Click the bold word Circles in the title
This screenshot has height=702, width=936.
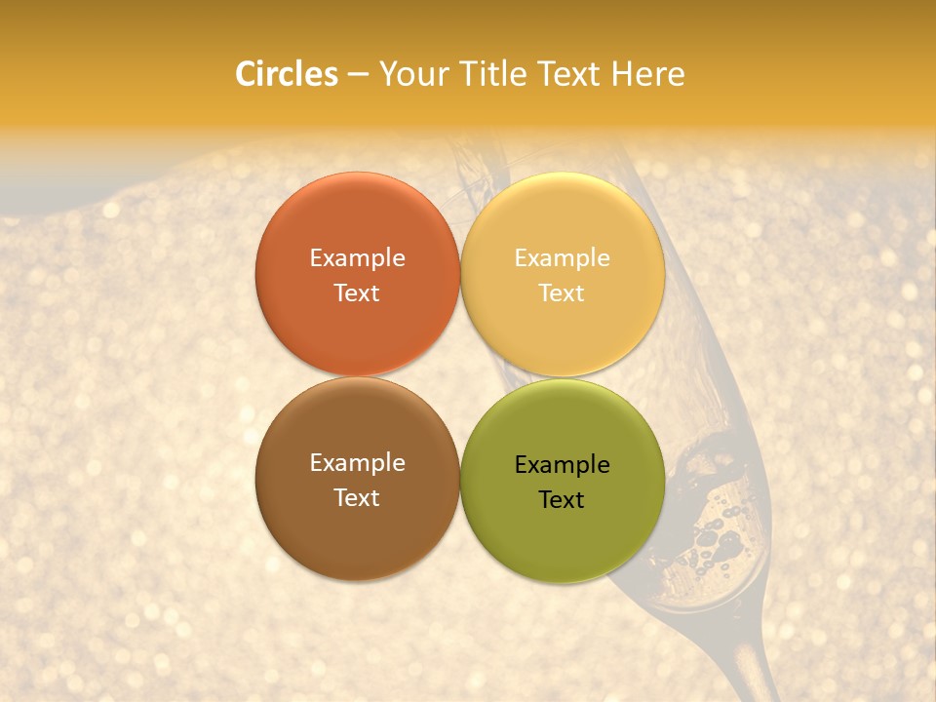tap(286, 74)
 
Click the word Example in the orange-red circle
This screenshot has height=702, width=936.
tap(357, 258)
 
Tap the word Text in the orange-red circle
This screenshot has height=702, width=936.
tap(357, 292)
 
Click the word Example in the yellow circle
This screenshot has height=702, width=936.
tap(562, 258)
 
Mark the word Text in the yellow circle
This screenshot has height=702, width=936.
tap(562, 292)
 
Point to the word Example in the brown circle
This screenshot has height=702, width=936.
tap(357, 463)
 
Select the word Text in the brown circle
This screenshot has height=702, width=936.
tap(357, 497)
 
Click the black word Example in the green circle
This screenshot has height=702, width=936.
tap(562, 465)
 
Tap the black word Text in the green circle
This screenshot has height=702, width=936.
tap(562, 499)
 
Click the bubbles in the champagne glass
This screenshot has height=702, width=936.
tap(717, 541)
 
